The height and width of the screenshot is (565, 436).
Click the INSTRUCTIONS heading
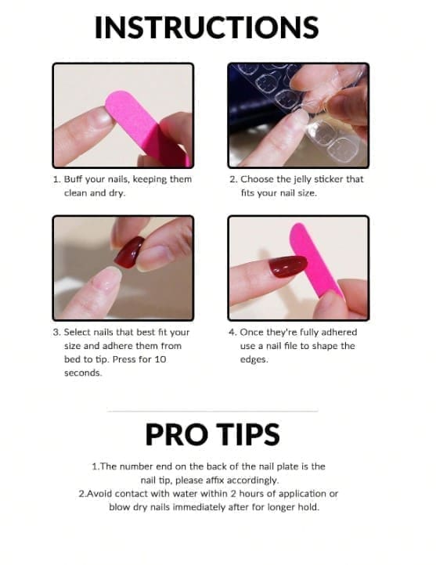click(x=207, y=27)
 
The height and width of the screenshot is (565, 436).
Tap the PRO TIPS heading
click(x=213, y=434)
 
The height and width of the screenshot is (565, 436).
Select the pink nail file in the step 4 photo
click(x=315, y=260)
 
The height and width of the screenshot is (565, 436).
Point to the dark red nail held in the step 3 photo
click(x=129, y=252)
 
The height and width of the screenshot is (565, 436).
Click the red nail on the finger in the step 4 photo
click(x=288, y=267)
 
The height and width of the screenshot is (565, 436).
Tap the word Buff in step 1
click(x=73, y=179)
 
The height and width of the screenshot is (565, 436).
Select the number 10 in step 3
click(x=160, y=359)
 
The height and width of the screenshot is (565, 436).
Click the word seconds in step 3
click(x=83, y=373)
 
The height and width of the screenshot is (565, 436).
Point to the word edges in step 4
click(x=254, y=360)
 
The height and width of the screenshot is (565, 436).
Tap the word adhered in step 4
click(x=338, y=333)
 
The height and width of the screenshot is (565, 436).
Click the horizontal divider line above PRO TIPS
click(x=213, y=411)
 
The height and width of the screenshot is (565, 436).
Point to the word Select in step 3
click(x=77, y=333)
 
